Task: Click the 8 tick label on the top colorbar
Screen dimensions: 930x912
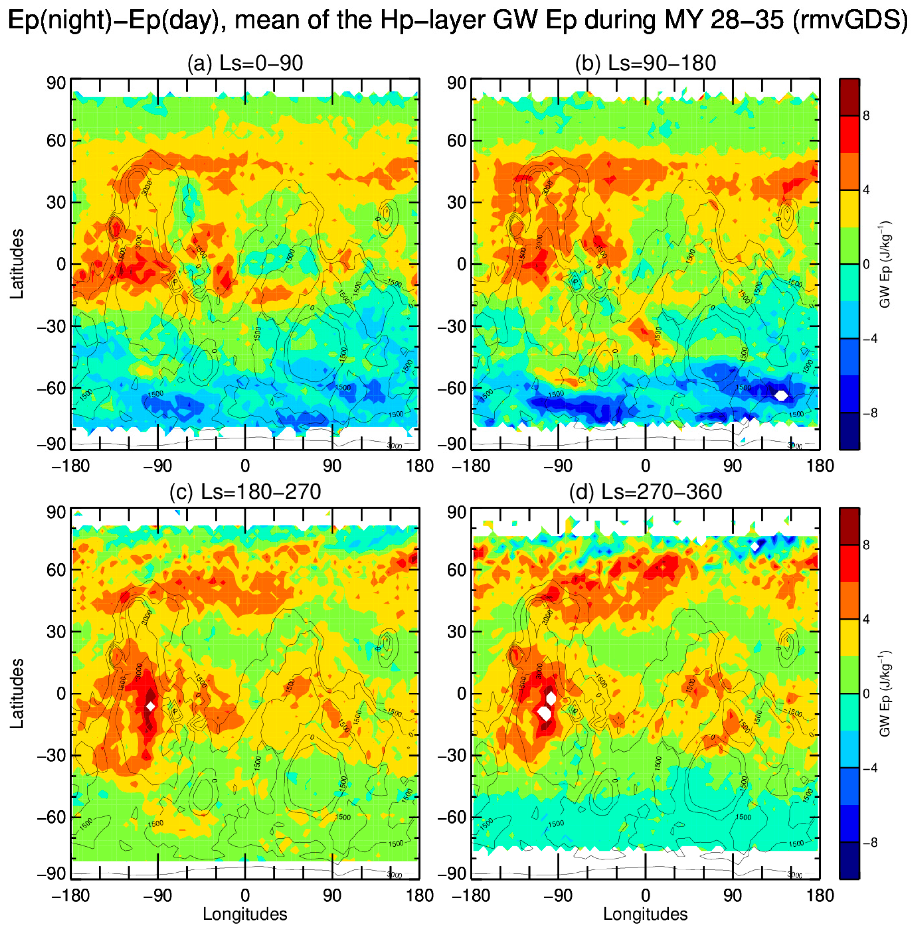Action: [x=866, y=116]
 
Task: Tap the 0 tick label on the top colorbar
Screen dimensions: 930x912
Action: [x=866, y=264]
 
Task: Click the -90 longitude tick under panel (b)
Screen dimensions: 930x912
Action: [x=558, y=466]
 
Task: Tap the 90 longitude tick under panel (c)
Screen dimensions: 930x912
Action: [x=332, y=895]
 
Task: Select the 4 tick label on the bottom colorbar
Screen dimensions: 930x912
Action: [x=866, y=619]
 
